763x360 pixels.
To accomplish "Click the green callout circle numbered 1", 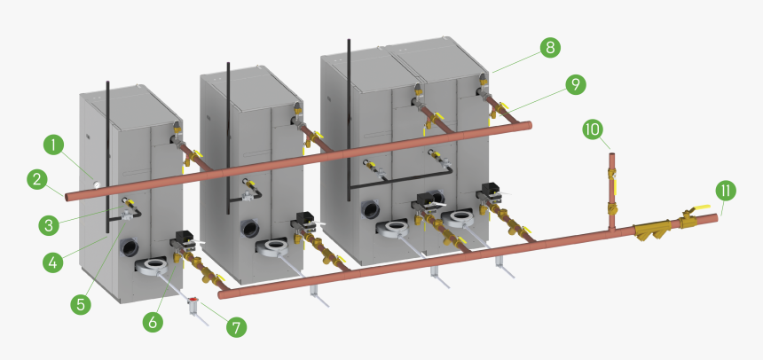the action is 53,145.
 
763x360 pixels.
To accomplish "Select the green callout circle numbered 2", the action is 37,180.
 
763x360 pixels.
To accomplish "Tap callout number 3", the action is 49,225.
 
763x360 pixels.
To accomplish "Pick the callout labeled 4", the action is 53,262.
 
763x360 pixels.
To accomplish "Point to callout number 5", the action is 81,304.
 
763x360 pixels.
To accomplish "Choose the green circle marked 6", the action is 153,322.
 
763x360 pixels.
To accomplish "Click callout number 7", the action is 237,327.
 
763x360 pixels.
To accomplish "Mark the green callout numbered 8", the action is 550,48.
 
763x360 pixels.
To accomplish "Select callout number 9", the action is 576,84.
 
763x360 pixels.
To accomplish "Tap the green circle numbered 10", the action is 594,129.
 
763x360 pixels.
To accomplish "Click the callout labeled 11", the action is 726,191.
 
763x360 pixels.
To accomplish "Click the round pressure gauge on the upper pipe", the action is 97,184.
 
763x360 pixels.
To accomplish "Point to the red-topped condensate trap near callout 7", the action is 193,305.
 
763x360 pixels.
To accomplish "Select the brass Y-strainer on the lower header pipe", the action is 652,231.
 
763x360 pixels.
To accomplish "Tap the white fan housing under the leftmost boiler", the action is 152,266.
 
